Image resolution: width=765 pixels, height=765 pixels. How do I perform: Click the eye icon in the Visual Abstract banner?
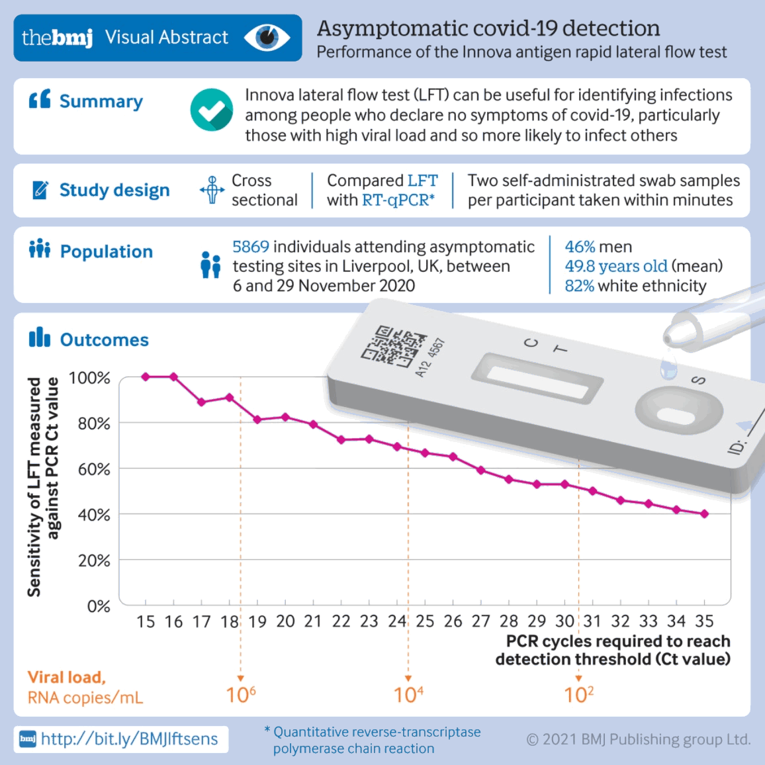[267, 37]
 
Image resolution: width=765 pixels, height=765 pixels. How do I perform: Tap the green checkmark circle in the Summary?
[212, 110]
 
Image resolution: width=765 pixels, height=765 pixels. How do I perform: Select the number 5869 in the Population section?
[251, 247]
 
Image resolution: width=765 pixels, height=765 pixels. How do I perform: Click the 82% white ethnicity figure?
[579, 286]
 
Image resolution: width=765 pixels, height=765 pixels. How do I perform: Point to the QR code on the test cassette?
[394, 345]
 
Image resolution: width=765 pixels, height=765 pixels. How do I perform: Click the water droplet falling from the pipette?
[669, 368]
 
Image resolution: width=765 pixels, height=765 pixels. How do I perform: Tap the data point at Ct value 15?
[146, 377]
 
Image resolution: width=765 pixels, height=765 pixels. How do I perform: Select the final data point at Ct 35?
[704, 514]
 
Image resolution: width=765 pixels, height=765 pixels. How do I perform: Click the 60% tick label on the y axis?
[94, 469]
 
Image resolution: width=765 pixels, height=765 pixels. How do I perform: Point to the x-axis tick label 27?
[481, 621]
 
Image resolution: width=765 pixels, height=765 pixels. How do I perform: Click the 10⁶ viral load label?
[241, 695]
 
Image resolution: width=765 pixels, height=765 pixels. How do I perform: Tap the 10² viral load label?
[579, 695]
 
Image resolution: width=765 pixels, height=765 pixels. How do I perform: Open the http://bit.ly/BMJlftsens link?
[129, 739]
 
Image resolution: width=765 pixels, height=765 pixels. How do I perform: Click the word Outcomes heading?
[105, 340]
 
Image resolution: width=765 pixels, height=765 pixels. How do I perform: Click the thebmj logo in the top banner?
[57, 38]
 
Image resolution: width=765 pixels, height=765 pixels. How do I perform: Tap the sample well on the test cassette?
[676, 415]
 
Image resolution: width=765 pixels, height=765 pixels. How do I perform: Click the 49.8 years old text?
[615, 266]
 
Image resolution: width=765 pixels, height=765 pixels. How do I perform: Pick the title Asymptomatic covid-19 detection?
[488, 28]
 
